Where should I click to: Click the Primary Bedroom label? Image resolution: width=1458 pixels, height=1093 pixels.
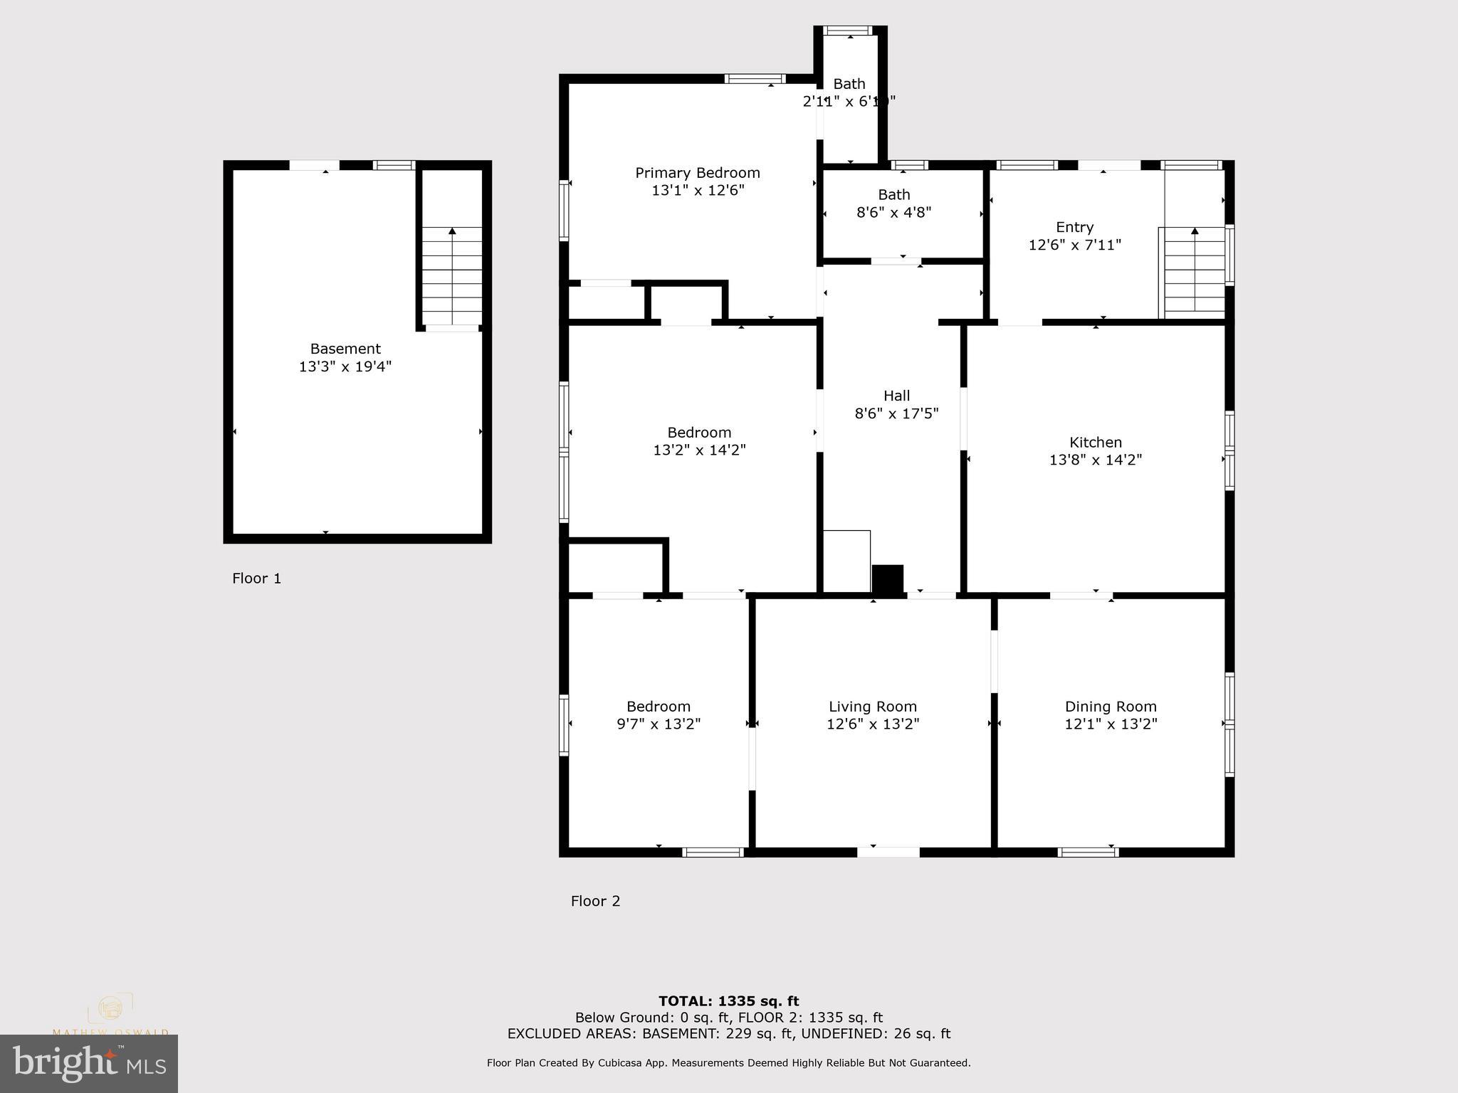tap(697, 173)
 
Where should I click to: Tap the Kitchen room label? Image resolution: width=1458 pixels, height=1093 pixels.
tap(1095, 443)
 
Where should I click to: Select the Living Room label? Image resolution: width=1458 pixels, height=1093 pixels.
tap(872, 707)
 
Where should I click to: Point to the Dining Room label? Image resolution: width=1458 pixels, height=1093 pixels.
tap(1110, 707)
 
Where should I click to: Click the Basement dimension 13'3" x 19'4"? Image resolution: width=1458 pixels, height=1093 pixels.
tap(345, 367)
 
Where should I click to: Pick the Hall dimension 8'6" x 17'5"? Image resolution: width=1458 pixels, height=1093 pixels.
tap(896, 413)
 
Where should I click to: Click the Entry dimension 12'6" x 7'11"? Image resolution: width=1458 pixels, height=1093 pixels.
tap(1074, 245)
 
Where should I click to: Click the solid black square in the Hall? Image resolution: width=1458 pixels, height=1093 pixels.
tap(887, 579)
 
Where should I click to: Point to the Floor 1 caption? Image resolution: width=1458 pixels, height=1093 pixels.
tap(256, 579)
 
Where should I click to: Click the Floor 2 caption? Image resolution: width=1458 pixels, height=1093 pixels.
tap(595, 902)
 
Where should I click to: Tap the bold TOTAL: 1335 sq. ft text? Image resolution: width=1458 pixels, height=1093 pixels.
tap(728, 1002)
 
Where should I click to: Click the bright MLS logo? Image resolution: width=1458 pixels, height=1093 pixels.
tap(89, 1063)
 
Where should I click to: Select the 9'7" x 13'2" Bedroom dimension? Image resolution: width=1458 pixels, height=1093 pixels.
tap(658, 724)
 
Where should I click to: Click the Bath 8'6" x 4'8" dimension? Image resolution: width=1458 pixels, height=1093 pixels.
tap(893, 212)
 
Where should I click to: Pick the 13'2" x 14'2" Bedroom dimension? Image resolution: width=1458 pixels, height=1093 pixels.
tap(699, 450)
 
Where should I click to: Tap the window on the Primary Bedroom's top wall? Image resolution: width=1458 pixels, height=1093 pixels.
tap(755, 79)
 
